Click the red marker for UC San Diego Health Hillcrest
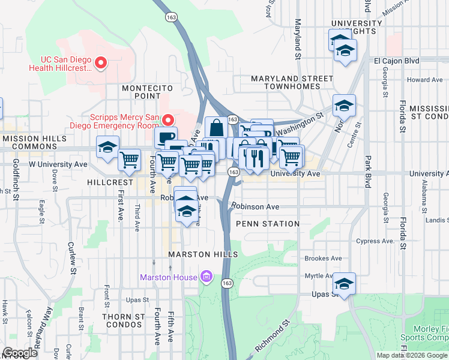(x=101, y=62)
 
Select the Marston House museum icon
(x=206, y=277)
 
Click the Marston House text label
(x=168, y=277)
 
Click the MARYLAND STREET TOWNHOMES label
(x=292, y=82)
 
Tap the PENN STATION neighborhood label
(x=268, y=224)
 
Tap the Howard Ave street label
(x=424, y=79)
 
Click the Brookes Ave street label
(x=323, y=259)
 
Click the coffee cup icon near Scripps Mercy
(x=166, y=137)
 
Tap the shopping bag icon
(x=216, y=128)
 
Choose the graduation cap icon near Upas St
(x=345, y=283)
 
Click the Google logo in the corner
(x=20, y=353)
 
